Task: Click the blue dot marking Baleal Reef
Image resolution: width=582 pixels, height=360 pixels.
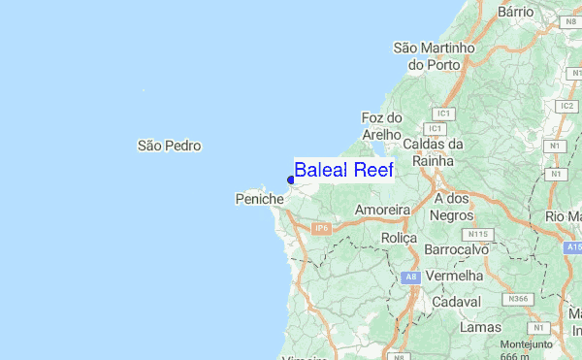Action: (291, 180)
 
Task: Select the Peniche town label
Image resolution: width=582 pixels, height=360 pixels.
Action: (259, 199)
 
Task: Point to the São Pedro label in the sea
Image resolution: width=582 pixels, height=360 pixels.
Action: (169, 146)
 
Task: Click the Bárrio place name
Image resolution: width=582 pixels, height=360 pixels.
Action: (515, 12)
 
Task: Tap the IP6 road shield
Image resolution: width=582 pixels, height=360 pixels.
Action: (322, 228)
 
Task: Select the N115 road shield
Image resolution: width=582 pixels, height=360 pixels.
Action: (476, 234)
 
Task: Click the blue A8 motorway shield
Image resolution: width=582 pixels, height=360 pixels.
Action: (409, 278)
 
